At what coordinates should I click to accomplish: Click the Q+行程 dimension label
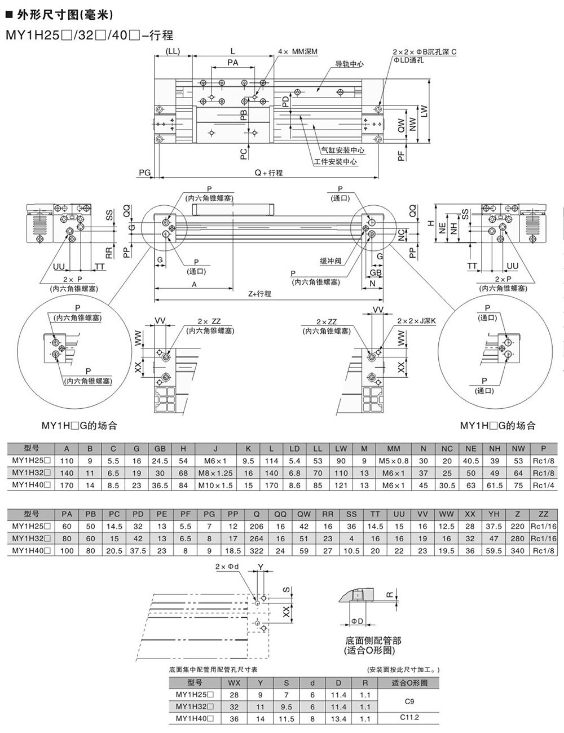[268, 173]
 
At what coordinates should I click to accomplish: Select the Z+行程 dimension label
[259, 294]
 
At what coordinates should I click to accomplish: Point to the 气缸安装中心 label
[342, 151]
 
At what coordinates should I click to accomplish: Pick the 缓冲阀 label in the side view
[331, 261]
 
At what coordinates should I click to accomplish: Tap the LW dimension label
[424, 112]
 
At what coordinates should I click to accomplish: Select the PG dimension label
[144, 173]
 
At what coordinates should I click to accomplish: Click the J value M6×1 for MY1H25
[215, 461]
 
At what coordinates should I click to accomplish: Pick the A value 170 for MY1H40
[67, 485]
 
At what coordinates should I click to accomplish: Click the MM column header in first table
[394, 449]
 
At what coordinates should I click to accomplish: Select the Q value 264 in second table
[257, 538]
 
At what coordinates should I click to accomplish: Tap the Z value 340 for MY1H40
[517, 550]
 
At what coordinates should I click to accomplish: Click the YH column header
[495, 514]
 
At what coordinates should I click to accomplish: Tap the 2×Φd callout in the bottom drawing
[228, 567]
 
